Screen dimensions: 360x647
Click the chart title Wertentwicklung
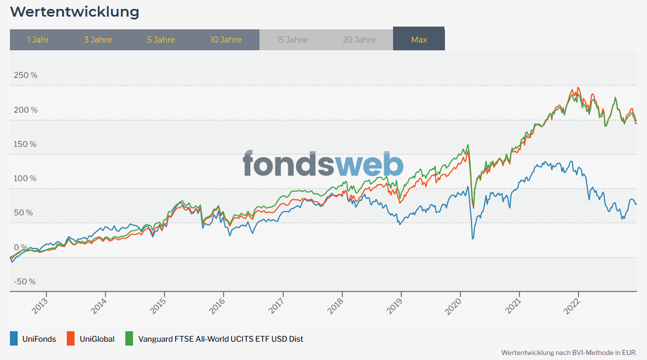tap(74, 12)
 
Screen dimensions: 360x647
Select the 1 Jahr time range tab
tap(38, 39)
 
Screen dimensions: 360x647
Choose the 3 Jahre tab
tap(98, 39)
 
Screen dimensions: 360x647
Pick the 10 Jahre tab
tap(226, 39)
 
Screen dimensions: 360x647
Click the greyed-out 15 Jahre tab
tap(292, 39)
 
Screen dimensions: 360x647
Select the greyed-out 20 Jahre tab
tap(359, 39)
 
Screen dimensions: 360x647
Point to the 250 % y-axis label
tap(25, 75)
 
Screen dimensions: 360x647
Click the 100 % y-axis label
tap(25, 178)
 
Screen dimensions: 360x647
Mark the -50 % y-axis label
tap(25, 281)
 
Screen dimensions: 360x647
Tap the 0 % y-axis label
tap(21, 247)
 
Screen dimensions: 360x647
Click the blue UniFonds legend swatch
tap(14, 339)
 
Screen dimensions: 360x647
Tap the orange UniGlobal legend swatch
tap(71, 339)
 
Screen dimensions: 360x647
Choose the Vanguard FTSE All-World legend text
tap(220, 339)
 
